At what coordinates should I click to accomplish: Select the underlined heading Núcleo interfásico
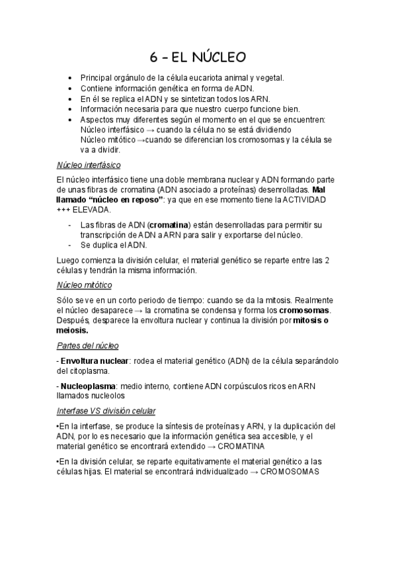click(89, 165)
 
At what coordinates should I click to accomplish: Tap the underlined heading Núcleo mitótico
click(85, 284)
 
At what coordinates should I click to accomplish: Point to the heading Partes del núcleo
click(88, 346)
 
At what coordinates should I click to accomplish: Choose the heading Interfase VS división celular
click(112, 411)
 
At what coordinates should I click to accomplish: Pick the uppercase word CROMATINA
click(235, 446)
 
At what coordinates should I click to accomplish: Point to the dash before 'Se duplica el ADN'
click(69, 245)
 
